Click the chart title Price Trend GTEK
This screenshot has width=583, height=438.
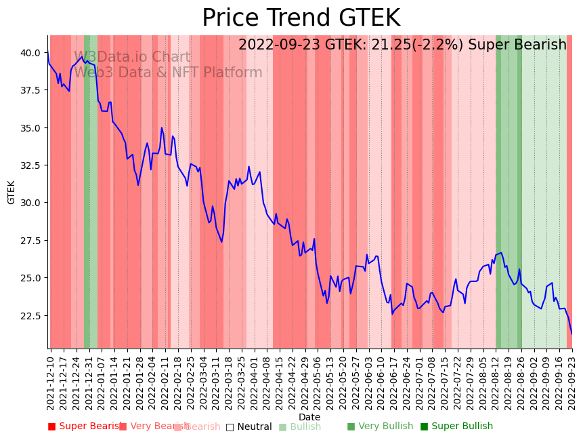click(301, 18)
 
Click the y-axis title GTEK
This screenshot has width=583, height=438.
click(12, 192)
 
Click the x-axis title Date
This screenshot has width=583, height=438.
click(309, 417)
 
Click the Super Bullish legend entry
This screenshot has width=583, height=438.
click(456, 426)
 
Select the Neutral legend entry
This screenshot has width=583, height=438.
click(249, 427)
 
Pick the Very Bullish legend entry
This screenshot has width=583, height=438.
click(380, 426)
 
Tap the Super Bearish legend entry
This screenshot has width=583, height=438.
click(84, 426)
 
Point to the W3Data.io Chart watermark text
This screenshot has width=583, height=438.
click(132, 58)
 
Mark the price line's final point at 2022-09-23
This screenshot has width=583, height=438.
click(571, 334)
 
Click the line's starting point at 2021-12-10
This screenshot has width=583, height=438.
click(48, 54)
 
